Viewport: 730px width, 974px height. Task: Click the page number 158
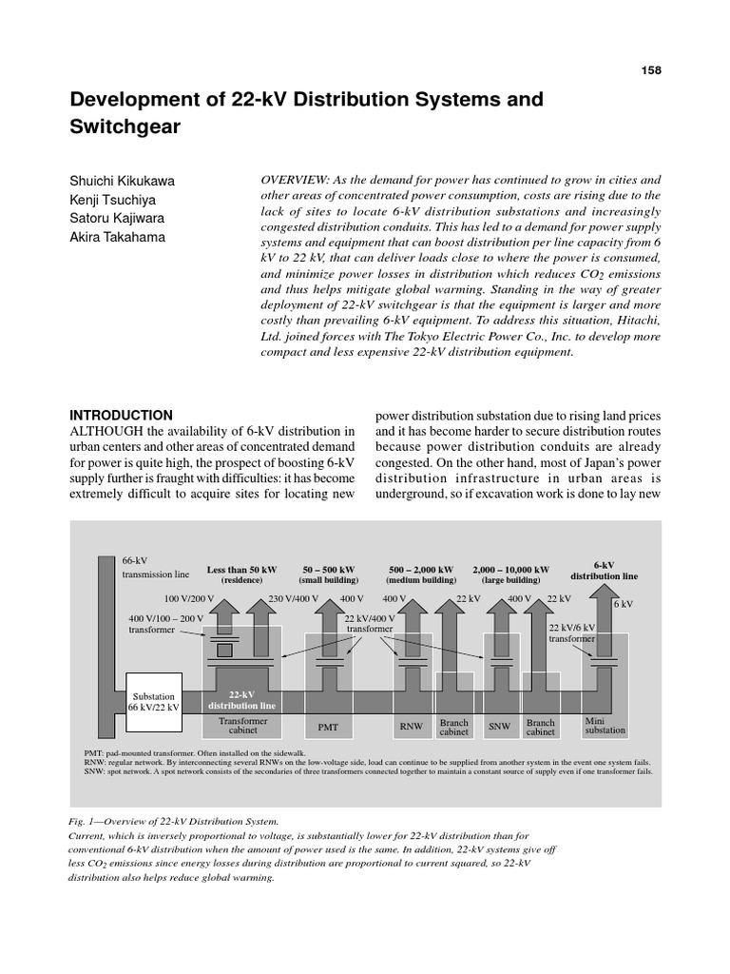(x=650, y=70)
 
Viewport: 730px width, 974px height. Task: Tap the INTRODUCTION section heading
(x=122, y=416)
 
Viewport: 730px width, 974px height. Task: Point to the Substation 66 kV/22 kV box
(x=154, y=701)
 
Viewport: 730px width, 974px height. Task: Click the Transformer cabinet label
(x=242, y=727)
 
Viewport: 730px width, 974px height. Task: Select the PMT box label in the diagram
(x=327, y=728)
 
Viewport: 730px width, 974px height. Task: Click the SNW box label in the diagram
(x=499, y=728)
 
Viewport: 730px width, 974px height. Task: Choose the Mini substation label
(x=605, y=727)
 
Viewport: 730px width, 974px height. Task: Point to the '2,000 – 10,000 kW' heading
(x=510, y=570)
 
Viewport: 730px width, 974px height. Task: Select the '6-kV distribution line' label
(x=605, y=570)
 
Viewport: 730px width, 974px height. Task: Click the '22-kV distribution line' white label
(x=242, y=700)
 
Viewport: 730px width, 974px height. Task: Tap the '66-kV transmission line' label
(x=156, y=568)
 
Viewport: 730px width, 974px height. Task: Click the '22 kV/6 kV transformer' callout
(x=572, y=633)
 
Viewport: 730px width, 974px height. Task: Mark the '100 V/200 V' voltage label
(x=190, y=598)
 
